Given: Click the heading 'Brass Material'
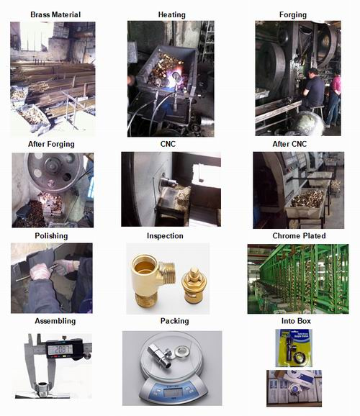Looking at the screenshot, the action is pos(55,14).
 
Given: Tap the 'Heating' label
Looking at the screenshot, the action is pos(172,15).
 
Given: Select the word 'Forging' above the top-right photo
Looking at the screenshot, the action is pos(293,15).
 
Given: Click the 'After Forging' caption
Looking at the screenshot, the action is pos(51,144).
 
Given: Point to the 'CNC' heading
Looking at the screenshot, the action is pos(168,144).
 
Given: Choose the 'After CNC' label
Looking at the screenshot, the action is pos(289,144).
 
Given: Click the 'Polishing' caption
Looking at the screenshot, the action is pos(51,236).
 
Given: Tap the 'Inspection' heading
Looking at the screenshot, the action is pos(165,236).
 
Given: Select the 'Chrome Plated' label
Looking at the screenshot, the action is pos(299,235).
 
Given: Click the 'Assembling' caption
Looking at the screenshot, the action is pos(55,321).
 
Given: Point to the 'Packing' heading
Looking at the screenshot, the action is pos(175,321).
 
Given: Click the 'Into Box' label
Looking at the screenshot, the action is pos(296,321).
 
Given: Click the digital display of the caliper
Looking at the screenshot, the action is pos(60,349).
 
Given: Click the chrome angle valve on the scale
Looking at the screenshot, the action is pos(160,355).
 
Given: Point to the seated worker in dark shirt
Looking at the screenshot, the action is pos(313,90).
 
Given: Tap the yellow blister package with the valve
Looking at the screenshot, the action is pos(294,348).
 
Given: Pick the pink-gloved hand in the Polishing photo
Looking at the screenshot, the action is pos(40,271).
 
